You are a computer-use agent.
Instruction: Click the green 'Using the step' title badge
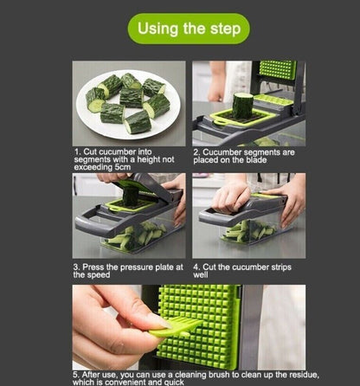coord(188,29)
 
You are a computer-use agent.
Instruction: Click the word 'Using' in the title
coord(162,29)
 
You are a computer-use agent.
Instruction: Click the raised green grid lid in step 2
coord(277,70)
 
